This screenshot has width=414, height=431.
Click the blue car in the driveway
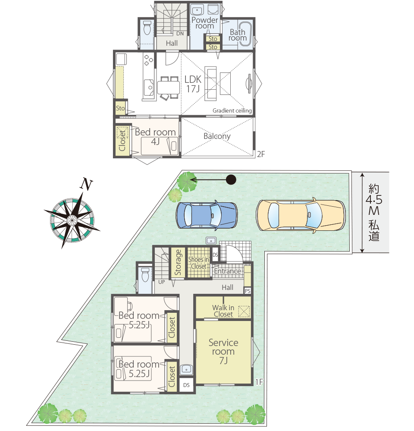tap(206, 215)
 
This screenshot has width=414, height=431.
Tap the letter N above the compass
tap(86, 185)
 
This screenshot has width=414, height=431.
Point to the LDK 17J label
tap(193, 84)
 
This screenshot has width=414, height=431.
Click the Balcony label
tap(217, 136)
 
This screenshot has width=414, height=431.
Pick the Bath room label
tap(237, 35)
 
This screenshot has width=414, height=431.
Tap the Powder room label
tap(205, 23)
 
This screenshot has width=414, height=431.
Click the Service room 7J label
tap(223, 351)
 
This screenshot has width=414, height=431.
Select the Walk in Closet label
tap(223, 311)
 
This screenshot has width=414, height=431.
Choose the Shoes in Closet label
tap(199, 263)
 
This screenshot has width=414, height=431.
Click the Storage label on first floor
tap(178, 262)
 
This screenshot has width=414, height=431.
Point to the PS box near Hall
tap(248, 291)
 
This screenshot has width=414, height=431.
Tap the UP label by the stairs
tap(162, 282)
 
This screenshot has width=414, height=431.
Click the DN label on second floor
tap(180, 34)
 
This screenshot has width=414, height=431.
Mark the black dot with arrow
tap(231, 179)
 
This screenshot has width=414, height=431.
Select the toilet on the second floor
tap(147, 27)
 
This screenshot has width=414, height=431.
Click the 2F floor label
tap(261, 154)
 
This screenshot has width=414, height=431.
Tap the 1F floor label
tap(259, 382)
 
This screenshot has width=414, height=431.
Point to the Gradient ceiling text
tap(232, 110)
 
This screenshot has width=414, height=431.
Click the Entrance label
tap(227, 271)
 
